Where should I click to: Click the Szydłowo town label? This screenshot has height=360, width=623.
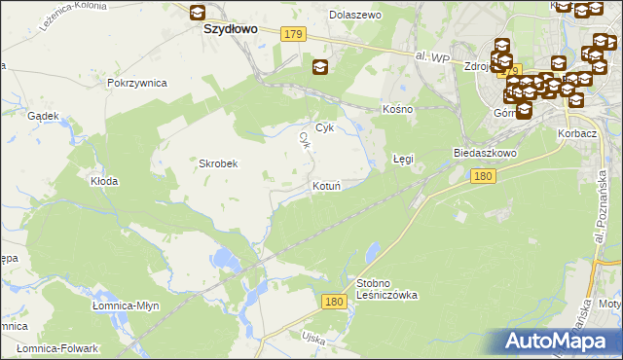pyautogui.click(x=230, y=29)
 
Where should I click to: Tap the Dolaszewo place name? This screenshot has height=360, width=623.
pyautogui.click(x=355, y=15)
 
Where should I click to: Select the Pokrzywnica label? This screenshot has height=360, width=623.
pyautogui.click(x=137, y=84)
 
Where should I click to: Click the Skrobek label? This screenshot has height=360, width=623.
pyautogui.click(x=219, y=163)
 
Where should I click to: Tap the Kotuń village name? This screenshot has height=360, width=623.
pyautogui.click(x=326, y=185)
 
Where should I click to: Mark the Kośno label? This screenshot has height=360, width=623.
pyautogui.click(x=398, y=109)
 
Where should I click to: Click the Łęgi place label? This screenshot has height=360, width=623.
pyautogui.click(x=403, y=159)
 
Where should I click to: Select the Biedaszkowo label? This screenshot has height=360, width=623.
pyautogui.click(x=485, y=154)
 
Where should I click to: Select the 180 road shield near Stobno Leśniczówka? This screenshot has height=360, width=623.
pyautogui.click(x=335, y=303)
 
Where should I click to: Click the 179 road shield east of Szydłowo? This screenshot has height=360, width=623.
pyautogui.click(x=294, y=34)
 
